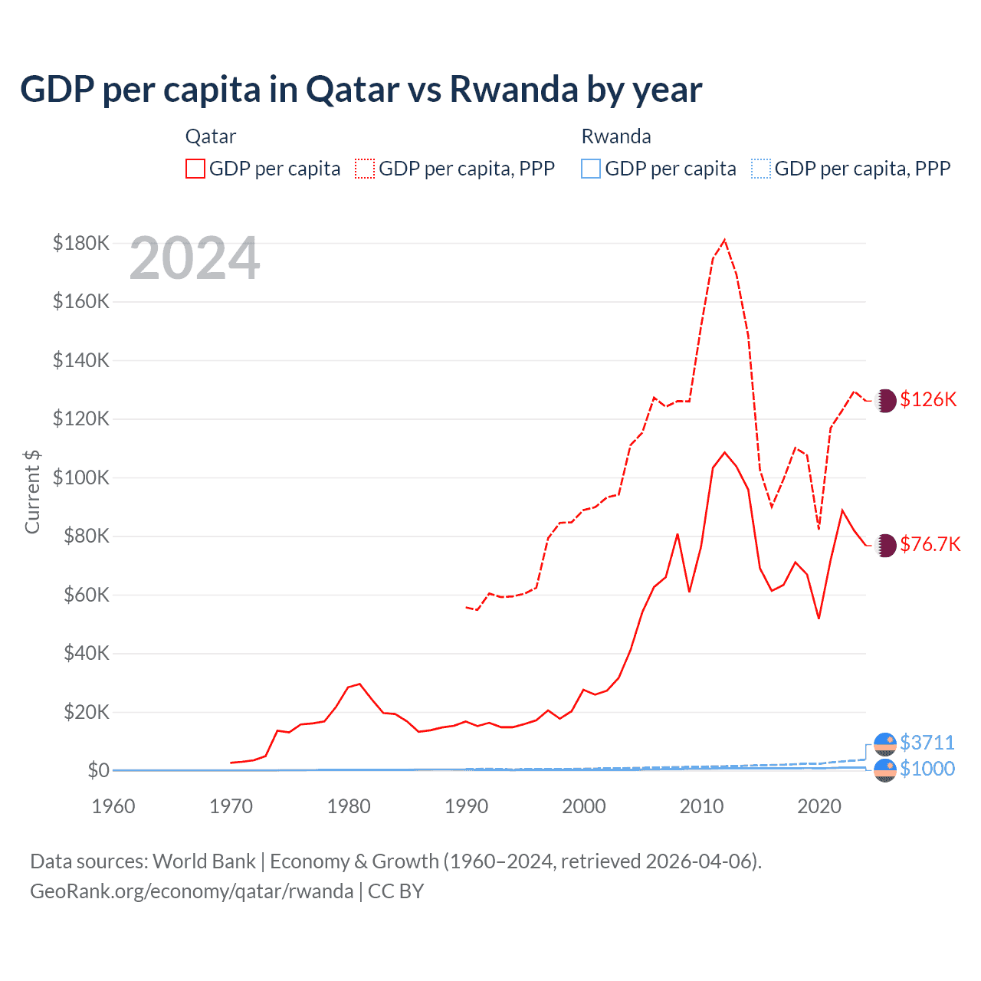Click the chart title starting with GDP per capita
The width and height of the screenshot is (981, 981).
click(x=361, y=89)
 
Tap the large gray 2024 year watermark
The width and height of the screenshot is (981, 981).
click(x=195, y=258)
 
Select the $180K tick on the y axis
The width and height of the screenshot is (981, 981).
click(x=81, y=243)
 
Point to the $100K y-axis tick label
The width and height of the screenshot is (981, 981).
click(x=81, y=477)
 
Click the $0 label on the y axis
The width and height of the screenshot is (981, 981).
click(x=98, y=770)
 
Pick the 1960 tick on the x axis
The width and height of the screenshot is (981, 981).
click(x=113, y=806)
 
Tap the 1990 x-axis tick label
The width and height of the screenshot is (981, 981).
click(x=466, y=806)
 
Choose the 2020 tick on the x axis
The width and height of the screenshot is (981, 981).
click(x=819, y=806)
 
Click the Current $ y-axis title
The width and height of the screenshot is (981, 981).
click(x=32, y=491)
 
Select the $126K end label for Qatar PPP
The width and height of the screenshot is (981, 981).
click(x=928, y=399)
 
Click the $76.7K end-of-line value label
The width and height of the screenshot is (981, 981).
click(x=930, y=544)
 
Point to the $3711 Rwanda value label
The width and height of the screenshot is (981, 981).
click(x=927, y=743)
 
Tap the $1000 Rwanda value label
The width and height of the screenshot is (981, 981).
click(x=927, y=769)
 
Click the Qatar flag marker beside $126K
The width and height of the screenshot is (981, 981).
click(x=885, y=400)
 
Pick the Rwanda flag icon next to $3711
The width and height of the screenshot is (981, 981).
click(x=885, y=743)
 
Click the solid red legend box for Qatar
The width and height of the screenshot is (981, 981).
click(x=195, y=169)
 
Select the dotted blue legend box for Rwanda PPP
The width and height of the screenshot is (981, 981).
click(x=761, y=169)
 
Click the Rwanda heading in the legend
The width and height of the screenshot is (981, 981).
click(x=616, y=136)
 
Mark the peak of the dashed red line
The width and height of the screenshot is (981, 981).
click(x=724, y=240)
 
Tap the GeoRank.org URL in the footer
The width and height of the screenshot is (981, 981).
click(x=192, y=891)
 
